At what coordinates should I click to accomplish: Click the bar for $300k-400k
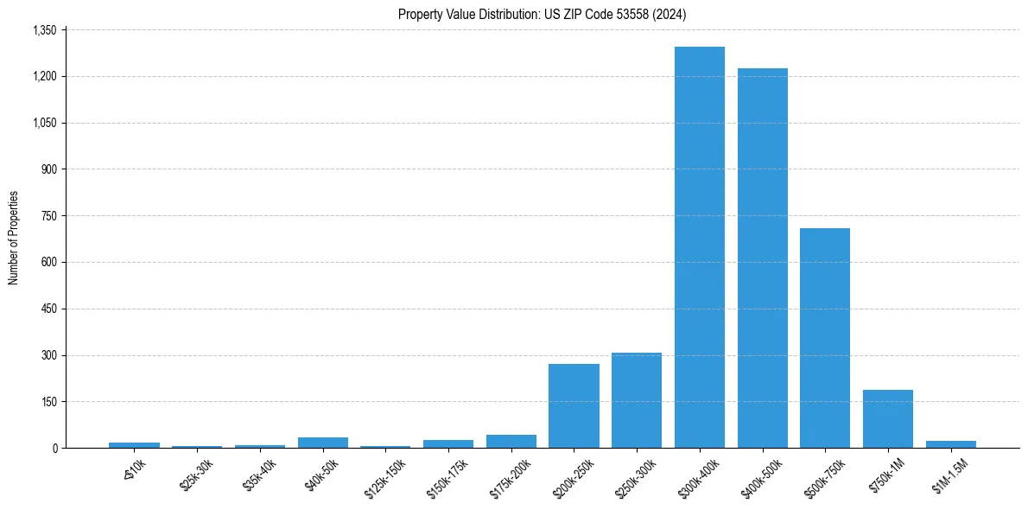click(699, 247)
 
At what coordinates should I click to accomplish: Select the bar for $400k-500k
click(762, 258)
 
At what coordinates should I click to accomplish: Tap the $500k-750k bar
click(825, 338)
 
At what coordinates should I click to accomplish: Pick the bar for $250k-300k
click(637, 400)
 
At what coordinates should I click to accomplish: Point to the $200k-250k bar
click(574, 406)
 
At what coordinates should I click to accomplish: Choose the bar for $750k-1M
click(888, 419)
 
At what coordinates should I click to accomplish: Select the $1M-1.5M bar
click(950, 444)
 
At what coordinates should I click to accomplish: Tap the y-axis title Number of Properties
click(14, 238)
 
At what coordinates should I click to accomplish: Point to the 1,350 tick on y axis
click(44, 30)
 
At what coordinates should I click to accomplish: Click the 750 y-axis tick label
click(48, 216)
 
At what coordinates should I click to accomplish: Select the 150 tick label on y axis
click(48, 402)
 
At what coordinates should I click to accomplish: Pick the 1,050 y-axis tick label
click(44, 123)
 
